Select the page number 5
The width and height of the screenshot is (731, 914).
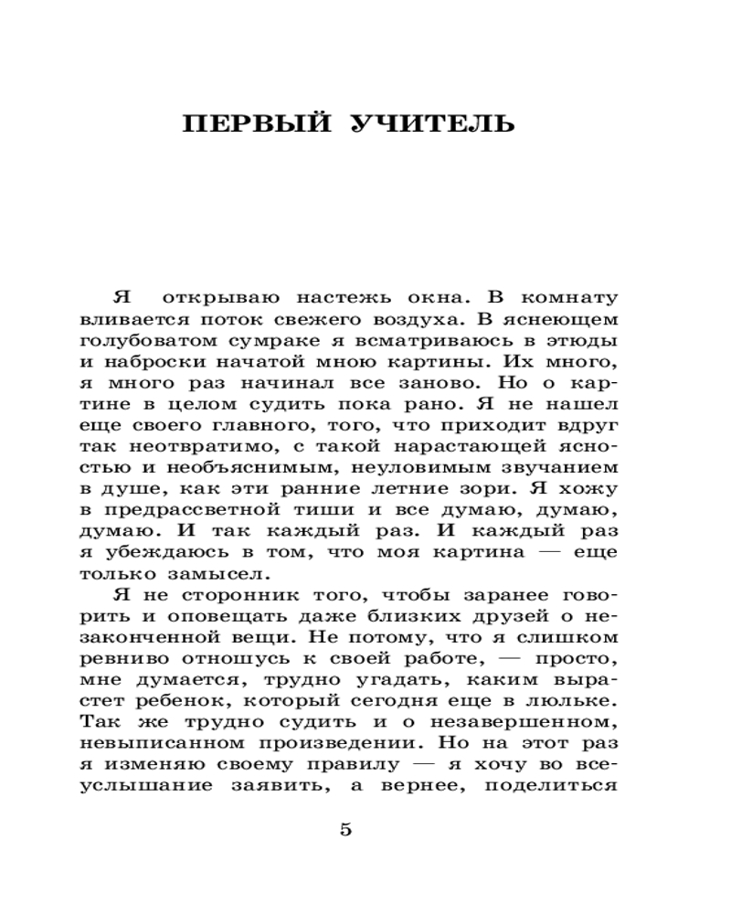[344, 830]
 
